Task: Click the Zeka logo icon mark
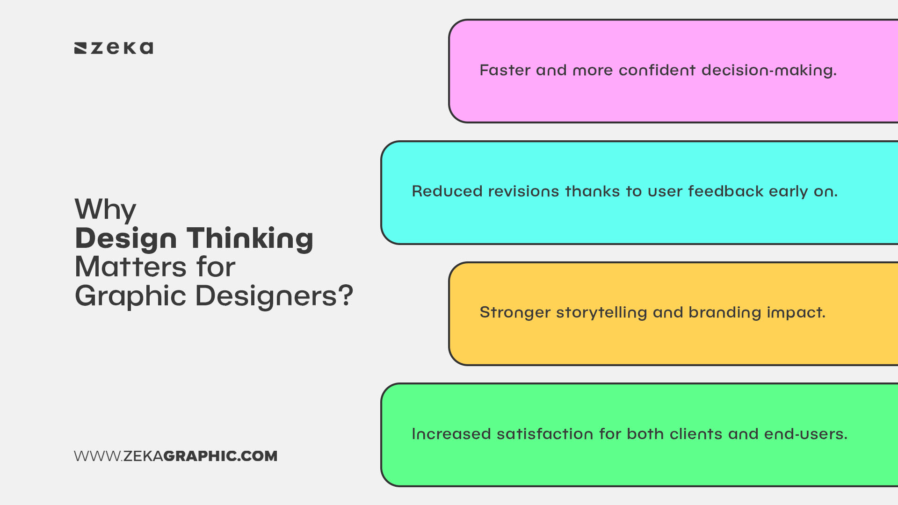click(80, 48)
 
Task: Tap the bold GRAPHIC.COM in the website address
click(220, 456)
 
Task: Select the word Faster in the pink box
click(505, 70)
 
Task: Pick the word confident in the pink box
click(657, 70)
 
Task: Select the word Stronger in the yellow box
click(515, 312)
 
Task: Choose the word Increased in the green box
click(451, 434)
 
